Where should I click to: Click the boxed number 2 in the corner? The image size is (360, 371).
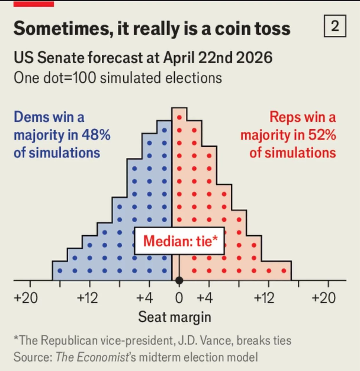335,26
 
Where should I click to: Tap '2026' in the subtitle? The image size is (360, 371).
254,57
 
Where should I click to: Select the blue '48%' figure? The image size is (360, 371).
96,135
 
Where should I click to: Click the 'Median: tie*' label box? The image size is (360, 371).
180,241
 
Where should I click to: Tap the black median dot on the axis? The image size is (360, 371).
179,280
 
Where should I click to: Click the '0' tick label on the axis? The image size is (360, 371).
179,298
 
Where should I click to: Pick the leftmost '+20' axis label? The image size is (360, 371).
26,298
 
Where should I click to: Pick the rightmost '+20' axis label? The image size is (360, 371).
324,298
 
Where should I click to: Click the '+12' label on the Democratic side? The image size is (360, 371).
87,298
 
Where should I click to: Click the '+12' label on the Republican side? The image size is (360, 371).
264,298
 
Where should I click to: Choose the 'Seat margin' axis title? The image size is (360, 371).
175,317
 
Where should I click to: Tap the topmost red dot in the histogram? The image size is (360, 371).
179,117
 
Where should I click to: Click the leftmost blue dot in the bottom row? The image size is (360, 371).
60,271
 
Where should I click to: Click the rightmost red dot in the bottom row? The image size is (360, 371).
284,271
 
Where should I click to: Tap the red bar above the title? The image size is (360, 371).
34,4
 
